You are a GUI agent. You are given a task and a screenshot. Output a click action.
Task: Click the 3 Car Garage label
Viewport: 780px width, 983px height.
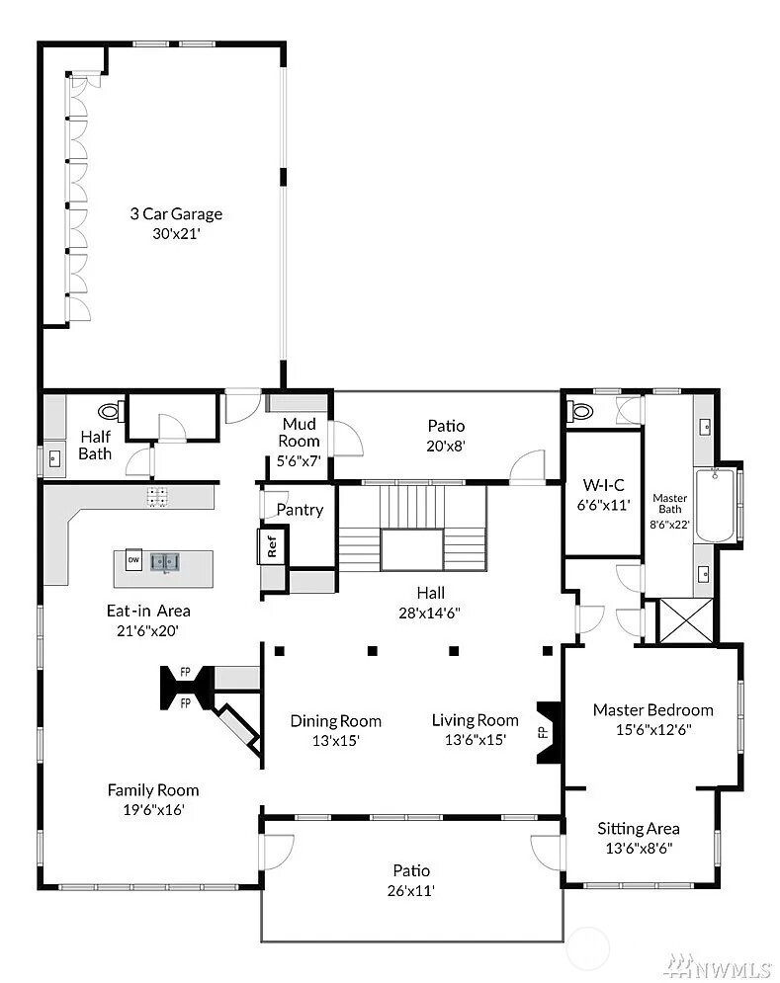pyautogui.click(x=176, y=213)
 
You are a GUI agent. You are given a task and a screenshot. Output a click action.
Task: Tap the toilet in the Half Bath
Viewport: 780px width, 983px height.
pyautogui.click(x=112, y=411)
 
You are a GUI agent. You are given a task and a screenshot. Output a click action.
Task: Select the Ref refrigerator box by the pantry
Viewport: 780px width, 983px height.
pyautogui.click(x=272, y=546)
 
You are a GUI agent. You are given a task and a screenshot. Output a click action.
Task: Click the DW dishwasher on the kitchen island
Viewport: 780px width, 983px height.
pyautogui.click(x=133, y=560)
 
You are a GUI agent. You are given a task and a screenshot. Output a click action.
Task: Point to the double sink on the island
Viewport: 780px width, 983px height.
pyautogui.click(x=165, y=560)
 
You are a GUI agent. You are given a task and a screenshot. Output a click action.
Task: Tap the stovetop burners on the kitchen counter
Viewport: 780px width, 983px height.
pyautogui.click(x=157, y=497)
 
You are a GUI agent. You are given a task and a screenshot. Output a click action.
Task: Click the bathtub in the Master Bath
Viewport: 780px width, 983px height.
pyautogui.click(x=715, y=505)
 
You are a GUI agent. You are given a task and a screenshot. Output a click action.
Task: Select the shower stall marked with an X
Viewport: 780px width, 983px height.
pyautogui.click(x=686, y=620)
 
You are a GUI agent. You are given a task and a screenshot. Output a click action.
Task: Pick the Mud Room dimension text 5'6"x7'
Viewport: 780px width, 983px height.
pyautogui.click(x=299, y=461)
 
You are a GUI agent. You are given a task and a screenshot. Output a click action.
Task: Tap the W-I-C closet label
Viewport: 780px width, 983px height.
pyautogui.click(x=604, y=485)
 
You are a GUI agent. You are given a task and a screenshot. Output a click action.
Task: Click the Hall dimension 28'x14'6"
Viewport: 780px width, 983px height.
pyautogui.click(x=430, y=613)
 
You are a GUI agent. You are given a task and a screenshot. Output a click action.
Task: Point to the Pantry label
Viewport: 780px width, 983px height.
pyautogui.click(x=300, y=510)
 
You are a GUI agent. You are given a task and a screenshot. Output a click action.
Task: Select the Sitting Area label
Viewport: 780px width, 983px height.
pyautogui.click(x=639, y=829)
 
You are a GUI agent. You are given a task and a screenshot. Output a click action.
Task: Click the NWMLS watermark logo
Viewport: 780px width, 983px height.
pyautogui.click(x=718, y=967)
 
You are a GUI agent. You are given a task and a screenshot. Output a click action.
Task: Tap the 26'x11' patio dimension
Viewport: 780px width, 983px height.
pyautogui.click(x=411, y=890)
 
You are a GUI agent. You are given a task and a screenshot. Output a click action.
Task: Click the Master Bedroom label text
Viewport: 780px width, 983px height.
pyautogui.click(x=652, y=709)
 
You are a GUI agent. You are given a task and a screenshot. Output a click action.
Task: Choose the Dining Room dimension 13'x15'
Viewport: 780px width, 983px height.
pyautogui.click(x=336, y=740)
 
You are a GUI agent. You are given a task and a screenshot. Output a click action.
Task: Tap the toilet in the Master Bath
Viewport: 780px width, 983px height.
pyautogui.click(x=580, y=411)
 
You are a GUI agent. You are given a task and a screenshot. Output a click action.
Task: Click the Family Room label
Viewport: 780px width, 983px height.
pyautogui.click(x=153, y=790)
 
